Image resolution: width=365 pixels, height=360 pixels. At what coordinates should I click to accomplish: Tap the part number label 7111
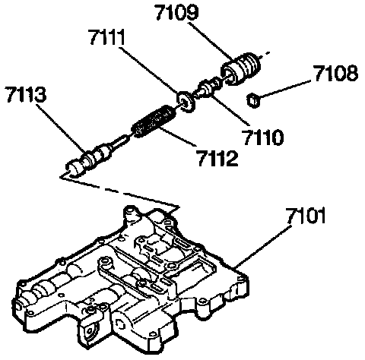(107, 37)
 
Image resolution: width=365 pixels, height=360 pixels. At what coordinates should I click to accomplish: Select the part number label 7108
(336, 74)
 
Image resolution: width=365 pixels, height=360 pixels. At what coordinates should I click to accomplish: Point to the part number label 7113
(27, 94)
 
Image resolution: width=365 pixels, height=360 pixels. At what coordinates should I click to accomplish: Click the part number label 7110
(263, 137)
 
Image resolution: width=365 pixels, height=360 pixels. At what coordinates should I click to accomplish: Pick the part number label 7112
(217, 158)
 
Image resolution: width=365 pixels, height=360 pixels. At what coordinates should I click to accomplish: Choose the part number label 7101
(305, 216)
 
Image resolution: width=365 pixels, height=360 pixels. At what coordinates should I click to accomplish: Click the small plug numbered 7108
(253, 100)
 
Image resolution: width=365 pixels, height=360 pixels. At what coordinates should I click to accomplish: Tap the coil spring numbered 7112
(154, 121)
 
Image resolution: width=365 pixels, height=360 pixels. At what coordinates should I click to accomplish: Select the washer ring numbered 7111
(186, 102)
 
